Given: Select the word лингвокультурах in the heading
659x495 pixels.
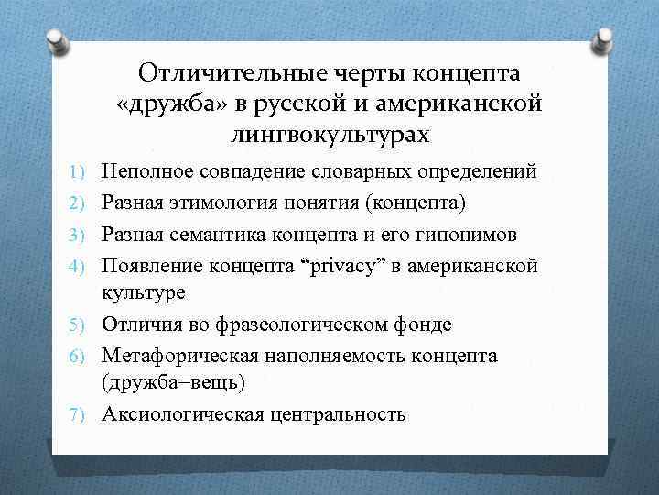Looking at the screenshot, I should point(330,135).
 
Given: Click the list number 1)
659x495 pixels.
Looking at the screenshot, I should point(81,171).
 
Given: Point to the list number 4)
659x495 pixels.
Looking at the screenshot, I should point(81,267).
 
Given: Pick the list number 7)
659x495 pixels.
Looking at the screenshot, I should point(81,414).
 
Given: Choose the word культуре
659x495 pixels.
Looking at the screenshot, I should point(143,292).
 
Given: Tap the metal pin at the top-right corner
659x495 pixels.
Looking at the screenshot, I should point(604,39).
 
